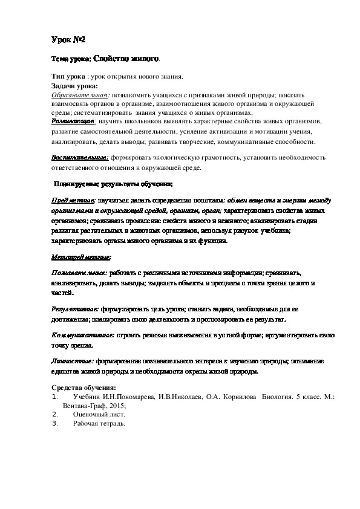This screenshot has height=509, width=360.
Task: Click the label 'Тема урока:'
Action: [x=71, y=60]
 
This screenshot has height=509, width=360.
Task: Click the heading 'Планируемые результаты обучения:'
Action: [x=114, y=183]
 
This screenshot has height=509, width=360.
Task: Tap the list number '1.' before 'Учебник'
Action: [x=55, y=398]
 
